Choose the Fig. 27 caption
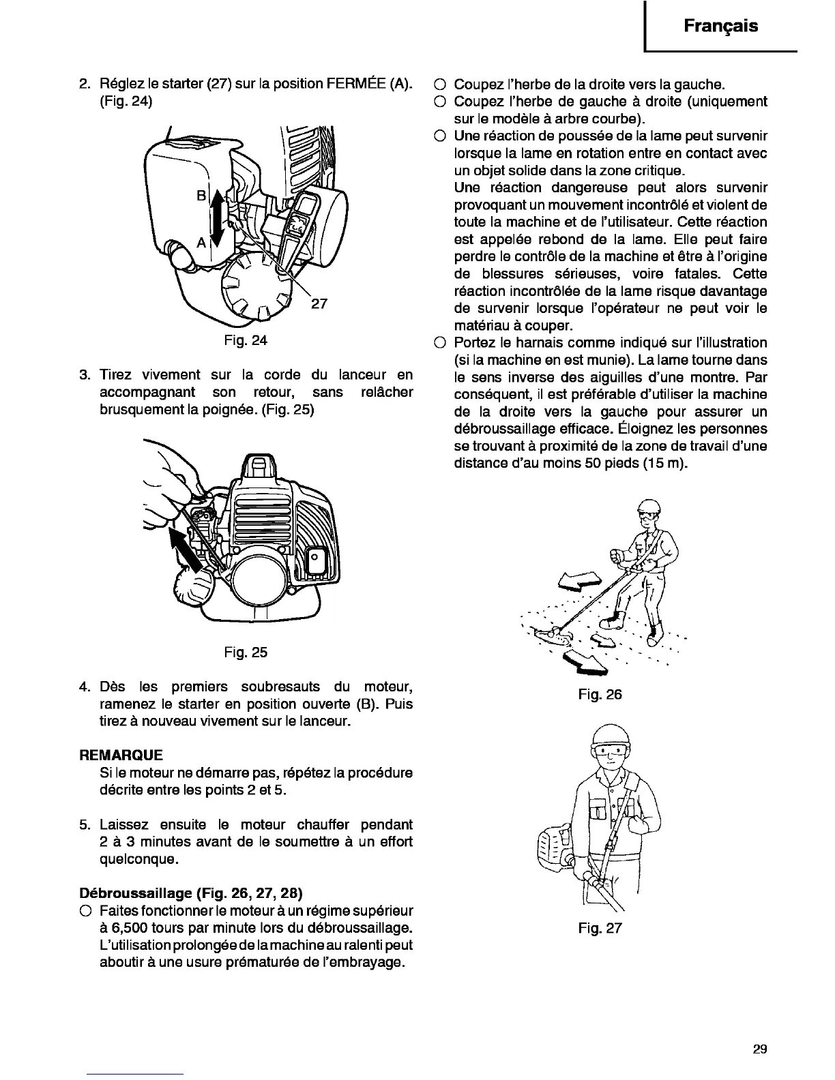[600, 928]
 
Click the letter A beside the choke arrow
[201, 242]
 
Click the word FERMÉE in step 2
[357, 85]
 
